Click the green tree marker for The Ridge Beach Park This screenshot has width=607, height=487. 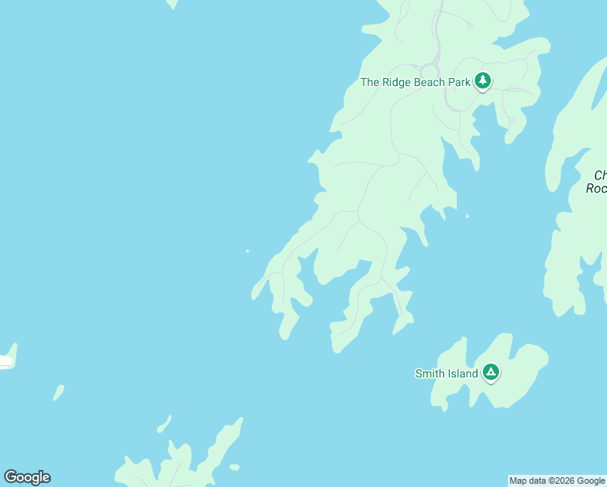(483, 80)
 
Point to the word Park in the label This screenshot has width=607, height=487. (460, 82)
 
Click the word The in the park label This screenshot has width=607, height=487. (370, 82)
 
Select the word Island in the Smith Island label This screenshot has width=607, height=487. (463, 374)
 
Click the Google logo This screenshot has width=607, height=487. (27, 477)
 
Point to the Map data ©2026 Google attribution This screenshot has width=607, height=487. (557, 481)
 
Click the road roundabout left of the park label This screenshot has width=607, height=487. (429, 71)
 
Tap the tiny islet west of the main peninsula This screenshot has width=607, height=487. (248, 251)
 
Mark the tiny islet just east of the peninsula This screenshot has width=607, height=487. (467, 216)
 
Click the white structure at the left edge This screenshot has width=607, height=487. (6, 360)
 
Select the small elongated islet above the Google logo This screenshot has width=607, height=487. (58, 393)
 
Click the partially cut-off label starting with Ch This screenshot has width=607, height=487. (600, 175)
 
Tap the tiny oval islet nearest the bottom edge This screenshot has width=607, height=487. (235, 467)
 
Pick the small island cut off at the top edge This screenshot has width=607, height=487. (172, 3)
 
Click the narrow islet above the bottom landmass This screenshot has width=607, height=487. (164, 424)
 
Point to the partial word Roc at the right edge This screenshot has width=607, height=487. (596, 188)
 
